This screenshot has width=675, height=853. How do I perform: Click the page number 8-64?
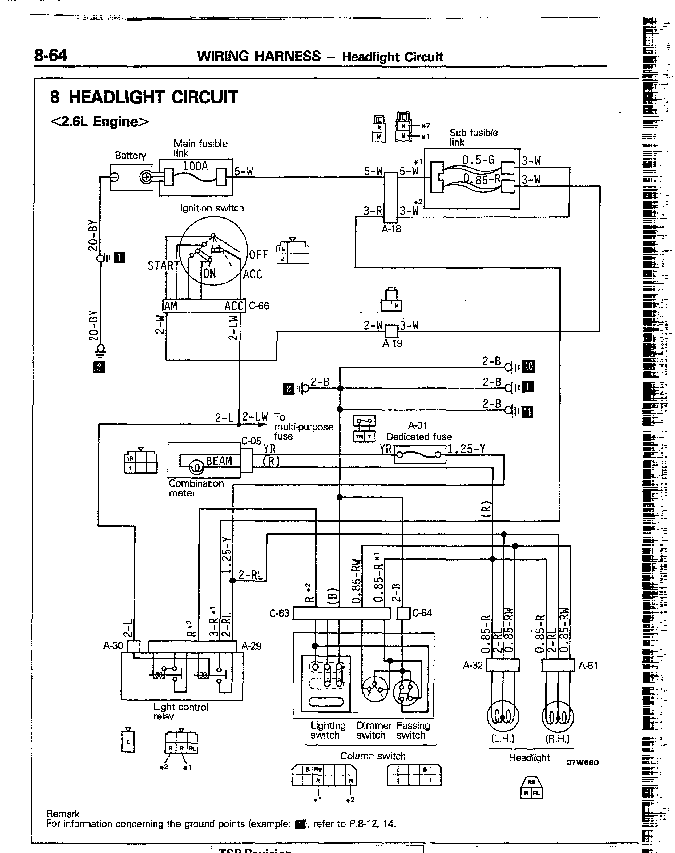[x=51, y=55]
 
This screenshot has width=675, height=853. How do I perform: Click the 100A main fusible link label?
[x=195, y=166]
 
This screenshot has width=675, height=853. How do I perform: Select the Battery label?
[x=130, y=155]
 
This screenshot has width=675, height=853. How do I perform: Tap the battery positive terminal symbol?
[x=146, y=177]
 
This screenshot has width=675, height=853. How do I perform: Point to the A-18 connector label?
[x=391, y=229]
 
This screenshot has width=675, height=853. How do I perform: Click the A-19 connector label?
[x=392, y=343]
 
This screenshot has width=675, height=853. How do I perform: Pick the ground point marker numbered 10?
[x=528, y=366]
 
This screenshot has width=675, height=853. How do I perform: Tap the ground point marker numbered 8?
[x=288, y=389]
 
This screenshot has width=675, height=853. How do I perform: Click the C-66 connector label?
[x=259, y=306]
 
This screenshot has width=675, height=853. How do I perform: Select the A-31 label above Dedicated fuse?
[x=418, y=425]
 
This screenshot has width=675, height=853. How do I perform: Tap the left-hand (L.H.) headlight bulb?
[x=502, y=716]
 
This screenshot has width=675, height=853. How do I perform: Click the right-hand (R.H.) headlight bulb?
[x=558, y=716]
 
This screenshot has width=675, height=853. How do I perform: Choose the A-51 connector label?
[x=588, y=666]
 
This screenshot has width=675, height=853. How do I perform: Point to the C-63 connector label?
[x=279, y=613]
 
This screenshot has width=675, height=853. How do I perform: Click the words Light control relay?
[x=181, y=711]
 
